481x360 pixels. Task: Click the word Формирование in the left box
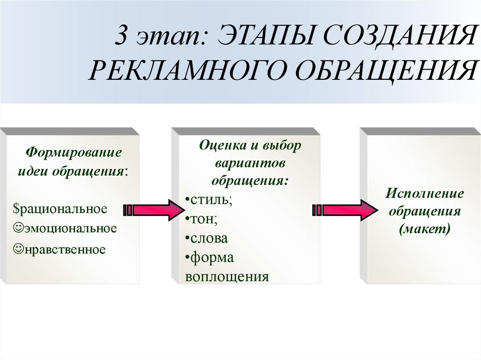[73, 153]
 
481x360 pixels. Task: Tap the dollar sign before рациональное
[16, 208]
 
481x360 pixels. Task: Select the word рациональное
[63, 208]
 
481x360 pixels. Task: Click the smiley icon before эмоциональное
[18, 228]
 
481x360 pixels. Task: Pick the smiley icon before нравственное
[18, 247]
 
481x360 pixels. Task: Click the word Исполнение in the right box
[425, 193]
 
